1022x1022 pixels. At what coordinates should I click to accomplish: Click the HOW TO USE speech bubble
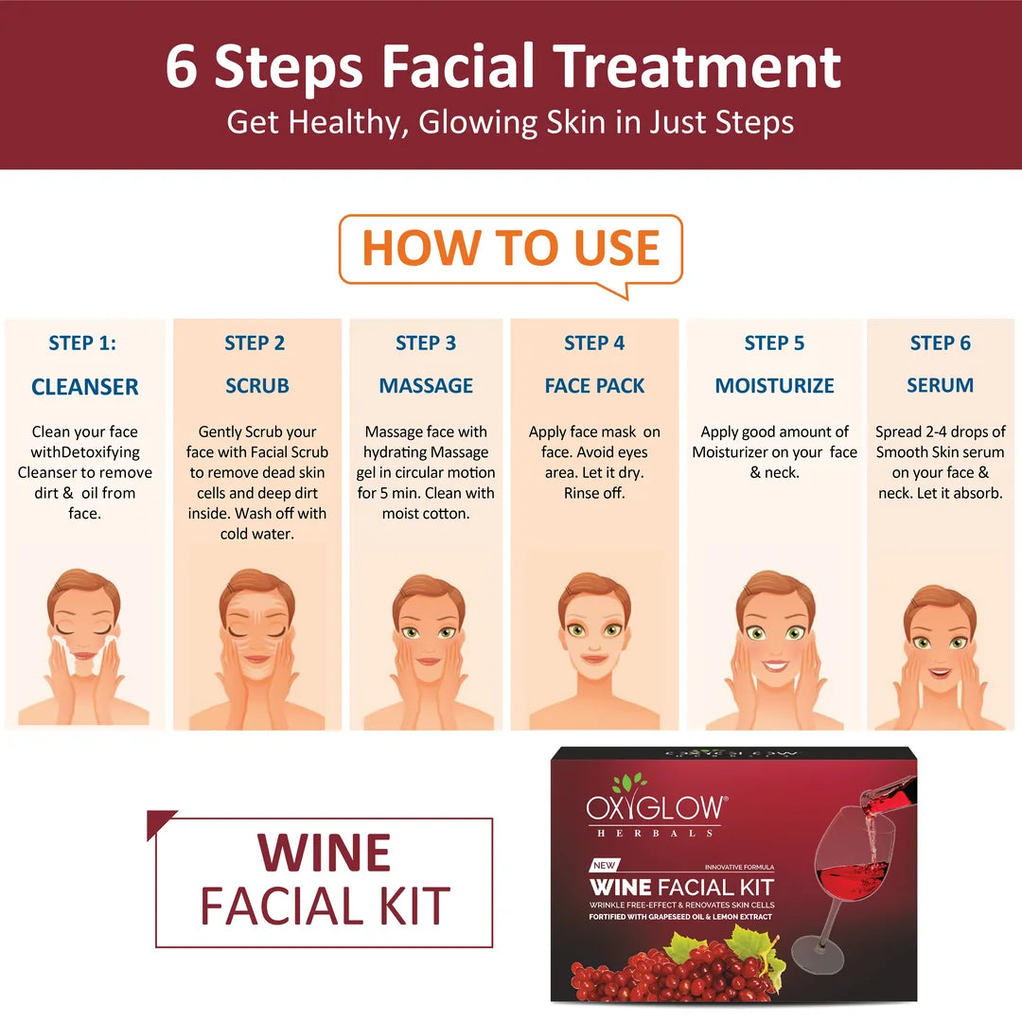click(511, 249)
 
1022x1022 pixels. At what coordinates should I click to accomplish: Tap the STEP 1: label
click(82, 344)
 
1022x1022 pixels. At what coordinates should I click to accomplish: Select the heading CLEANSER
click(84, 387)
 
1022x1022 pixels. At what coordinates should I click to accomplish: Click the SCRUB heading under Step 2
click(256, 386)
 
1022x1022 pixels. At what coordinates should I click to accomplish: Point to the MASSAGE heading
click(426, 386)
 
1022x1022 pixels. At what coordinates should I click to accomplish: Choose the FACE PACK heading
click(594, 386)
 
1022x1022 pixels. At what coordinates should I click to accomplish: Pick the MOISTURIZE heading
click(774, 386)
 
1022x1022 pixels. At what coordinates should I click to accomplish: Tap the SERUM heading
click(940, 386)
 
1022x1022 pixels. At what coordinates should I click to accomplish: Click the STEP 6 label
click(940, 344)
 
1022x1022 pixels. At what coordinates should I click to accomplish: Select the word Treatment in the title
click(697, 66)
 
